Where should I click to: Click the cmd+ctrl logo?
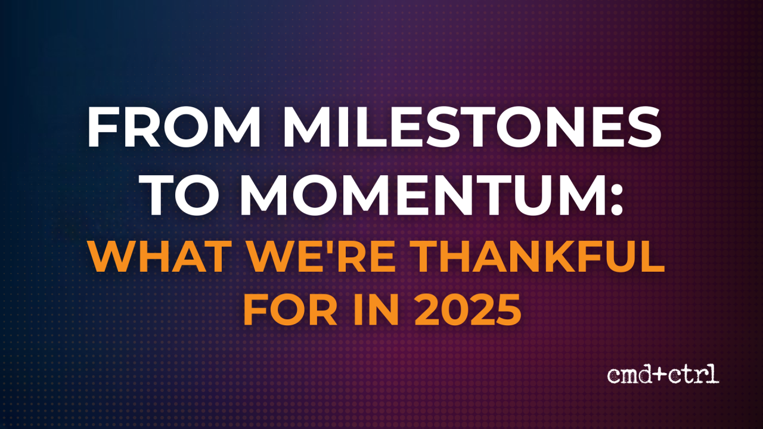coord(663,374)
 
